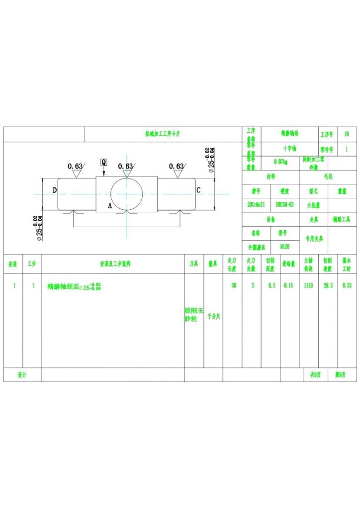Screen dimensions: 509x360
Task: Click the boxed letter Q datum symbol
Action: coord(103,162)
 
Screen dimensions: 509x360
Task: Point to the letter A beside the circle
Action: coord(110,205)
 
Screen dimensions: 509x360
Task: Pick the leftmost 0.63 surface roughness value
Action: coord(75,166)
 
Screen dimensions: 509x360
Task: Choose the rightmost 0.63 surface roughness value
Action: coord(177,166)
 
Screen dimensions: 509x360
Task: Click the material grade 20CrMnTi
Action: coord(256,204)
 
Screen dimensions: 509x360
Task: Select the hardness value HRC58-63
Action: coord(284,204)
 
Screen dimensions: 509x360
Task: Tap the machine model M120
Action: coord(284,246)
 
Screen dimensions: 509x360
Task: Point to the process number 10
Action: coord(347,134)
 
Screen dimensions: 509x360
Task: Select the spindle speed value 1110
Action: coord(309,286)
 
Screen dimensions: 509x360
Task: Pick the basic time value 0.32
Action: coord(347,286)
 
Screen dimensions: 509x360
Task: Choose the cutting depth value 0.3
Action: coord(271,286)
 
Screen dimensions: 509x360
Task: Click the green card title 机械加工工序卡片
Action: coord(163,134)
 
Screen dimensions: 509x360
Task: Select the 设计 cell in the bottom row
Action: coord(22,375)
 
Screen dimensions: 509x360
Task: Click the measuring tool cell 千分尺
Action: coord(213,316)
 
